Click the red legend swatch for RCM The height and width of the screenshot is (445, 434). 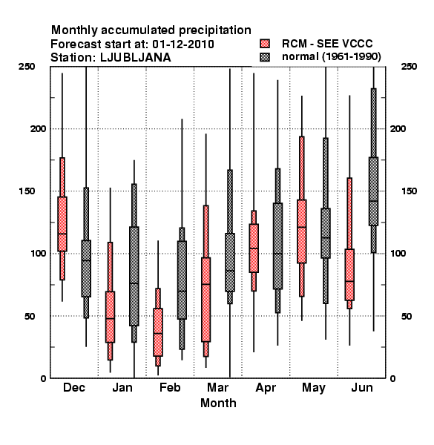point(265,44)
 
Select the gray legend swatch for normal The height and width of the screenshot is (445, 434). point(265,57)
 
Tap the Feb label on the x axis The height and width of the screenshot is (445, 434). point(170,387)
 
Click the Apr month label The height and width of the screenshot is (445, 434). point(266,388)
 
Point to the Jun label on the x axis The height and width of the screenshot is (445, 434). point(362,387)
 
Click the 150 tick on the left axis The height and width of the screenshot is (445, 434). point(27,191)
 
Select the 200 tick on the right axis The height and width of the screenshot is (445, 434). point(398,128)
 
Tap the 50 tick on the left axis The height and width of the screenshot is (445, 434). point(30,316)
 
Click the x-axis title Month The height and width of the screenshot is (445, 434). point(218,403)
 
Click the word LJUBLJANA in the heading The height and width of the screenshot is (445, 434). point(136,58)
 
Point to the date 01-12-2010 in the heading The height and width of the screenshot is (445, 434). point(183,44)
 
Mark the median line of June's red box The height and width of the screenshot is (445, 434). point(349,281)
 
